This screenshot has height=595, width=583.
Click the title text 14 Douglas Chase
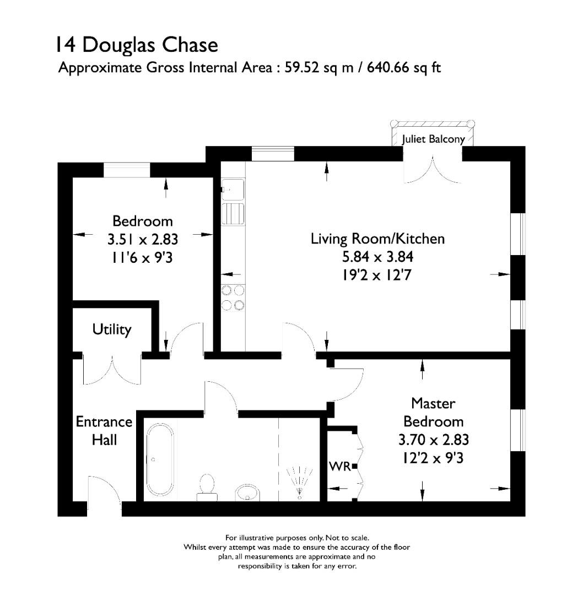pyautogui.click(x=136, y=45)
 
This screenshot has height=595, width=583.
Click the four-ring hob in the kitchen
pyautogui.click(x=233, y=298)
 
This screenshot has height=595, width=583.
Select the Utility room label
pyautogui.click(x=112, y=329)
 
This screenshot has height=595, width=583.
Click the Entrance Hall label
pyautogui.click(x=104, y=431)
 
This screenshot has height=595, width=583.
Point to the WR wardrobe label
pyautogui.click(x=339, y=467)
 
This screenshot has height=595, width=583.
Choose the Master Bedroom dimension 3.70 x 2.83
pyautogui.click(x=433, y=440)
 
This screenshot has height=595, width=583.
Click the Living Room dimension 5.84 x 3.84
pyautogui.click(x=377, y=257)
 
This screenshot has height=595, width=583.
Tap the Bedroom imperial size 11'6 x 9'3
pyautogui.click(x=142, y=257)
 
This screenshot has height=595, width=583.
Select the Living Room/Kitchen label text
pyautogui.click(x=377, y=239)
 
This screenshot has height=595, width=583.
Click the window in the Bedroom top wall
pyautogui.click(x=127, y=170)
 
